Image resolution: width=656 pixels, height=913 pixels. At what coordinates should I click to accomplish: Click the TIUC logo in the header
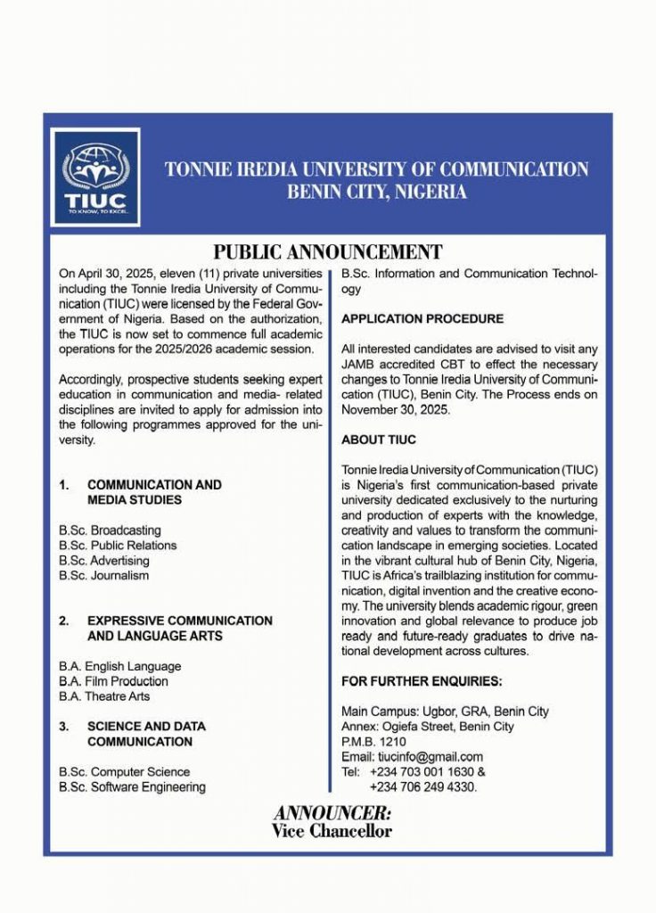point(94,177)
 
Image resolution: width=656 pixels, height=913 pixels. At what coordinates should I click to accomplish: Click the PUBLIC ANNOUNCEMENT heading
point(328,252)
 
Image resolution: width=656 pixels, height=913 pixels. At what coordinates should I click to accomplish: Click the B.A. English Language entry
point(119,666)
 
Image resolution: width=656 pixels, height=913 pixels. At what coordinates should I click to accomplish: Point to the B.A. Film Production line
point(113,681)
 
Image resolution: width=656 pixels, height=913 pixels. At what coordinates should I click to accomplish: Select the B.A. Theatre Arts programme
point(104,696)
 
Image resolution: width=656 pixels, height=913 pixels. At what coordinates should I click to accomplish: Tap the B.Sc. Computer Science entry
point(124,772)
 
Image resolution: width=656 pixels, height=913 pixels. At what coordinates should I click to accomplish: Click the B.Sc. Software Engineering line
point(132,787)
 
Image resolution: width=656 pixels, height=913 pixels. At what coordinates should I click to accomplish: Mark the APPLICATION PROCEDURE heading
point(422,318)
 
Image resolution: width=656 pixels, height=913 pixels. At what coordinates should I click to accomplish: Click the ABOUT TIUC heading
point(379,440)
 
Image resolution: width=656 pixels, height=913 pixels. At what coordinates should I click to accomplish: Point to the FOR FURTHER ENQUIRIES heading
point(422,682)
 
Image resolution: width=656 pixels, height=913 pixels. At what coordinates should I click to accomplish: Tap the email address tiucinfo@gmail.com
point(412,757)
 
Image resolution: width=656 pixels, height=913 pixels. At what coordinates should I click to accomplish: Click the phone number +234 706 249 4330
point(423,787)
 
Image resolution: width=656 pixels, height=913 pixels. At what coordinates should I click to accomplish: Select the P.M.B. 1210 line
point(373,742)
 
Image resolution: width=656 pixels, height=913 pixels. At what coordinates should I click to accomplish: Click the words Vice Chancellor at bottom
point(332,832)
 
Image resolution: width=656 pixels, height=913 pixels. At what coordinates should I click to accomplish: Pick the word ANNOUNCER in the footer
point(332,813)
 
